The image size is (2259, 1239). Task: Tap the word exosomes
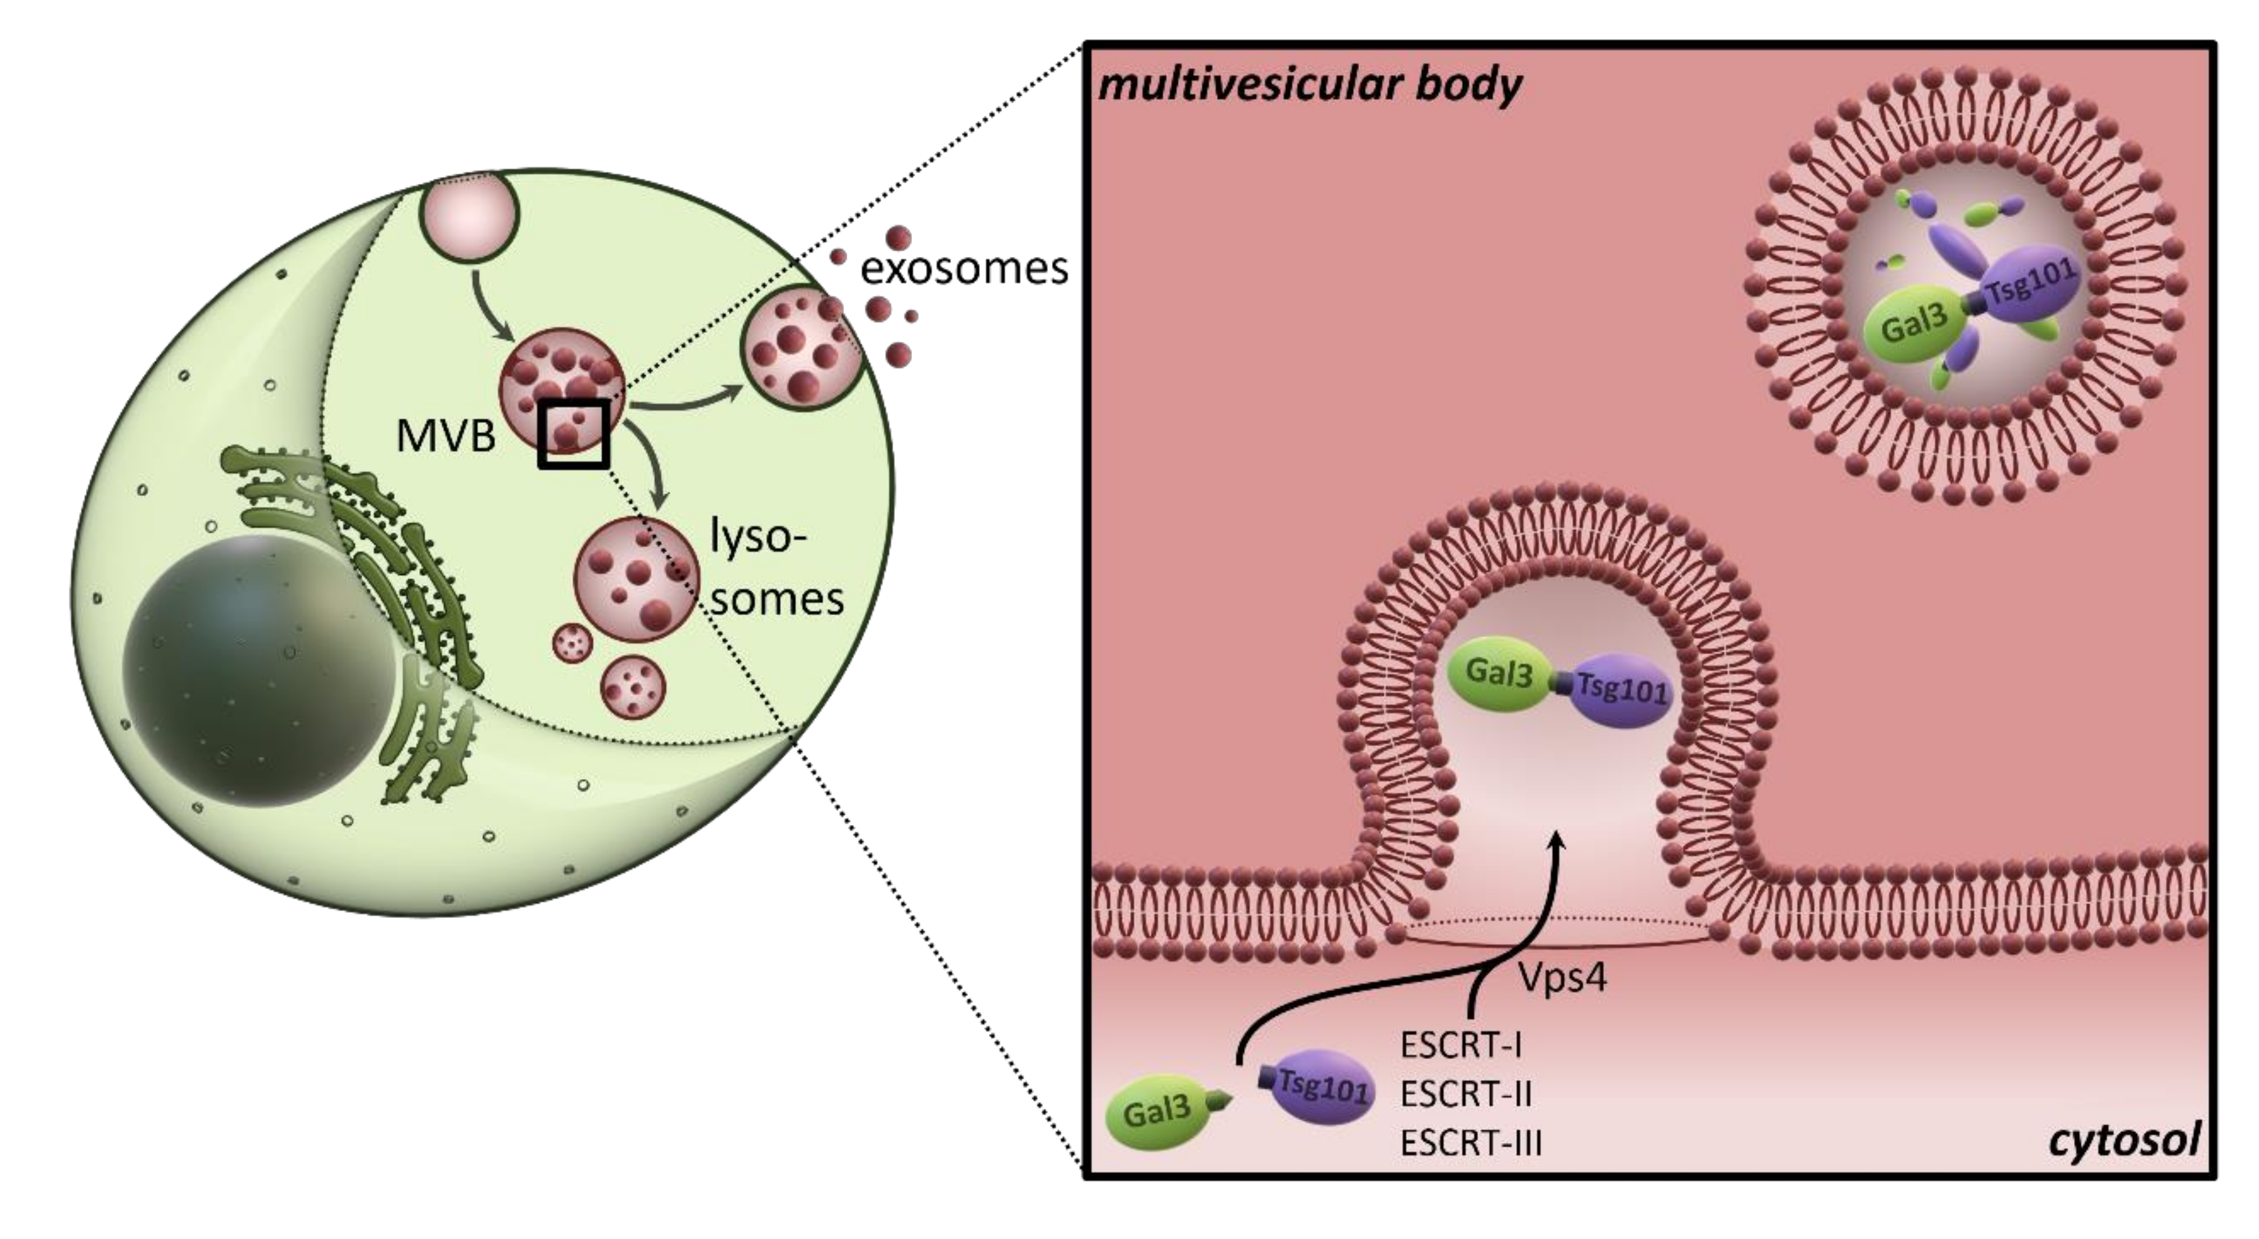coord(964,268)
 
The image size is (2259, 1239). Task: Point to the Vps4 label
coord(1562,978)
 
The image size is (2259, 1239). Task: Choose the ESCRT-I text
coord(1460,1045)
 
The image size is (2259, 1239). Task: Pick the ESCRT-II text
coord(1465,1095)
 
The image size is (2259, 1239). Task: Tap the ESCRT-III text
coord(1470,1144)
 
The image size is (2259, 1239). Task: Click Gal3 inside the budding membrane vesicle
coord(1499,674)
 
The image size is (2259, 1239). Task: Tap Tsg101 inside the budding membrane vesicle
coord(1619,689)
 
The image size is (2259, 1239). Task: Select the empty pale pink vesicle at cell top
coord(471,215)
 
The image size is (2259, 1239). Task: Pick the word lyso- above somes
coord(757,537)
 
